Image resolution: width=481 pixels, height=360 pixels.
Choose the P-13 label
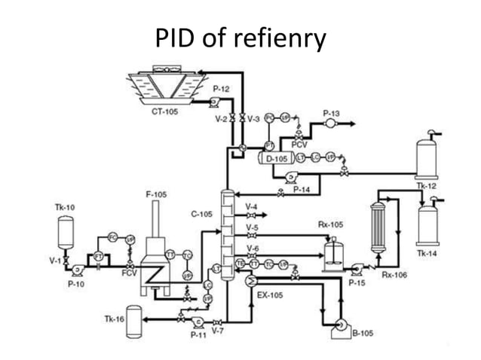(x=332, y=113)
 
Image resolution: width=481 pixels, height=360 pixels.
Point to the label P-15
(x=357, y=282)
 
